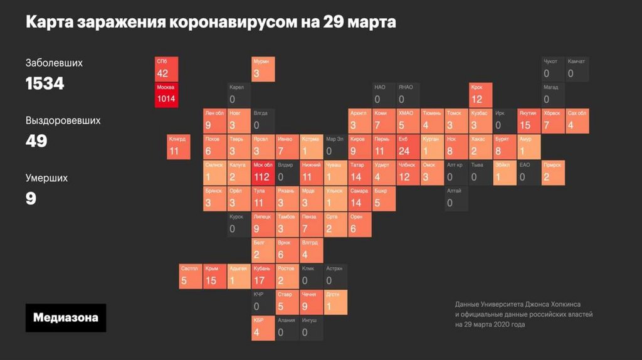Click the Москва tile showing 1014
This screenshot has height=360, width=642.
click(167, 95)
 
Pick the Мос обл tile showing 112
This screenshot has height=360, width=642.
click(263, 172)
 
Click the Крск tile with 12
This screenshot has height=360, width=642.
click(481, 95)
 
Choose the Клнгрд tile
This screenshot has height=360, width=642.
click(179, 147)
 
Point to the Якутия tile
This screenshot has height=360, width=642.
click(529, 121)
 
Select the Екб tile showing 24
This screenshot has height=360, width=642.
click(408, 147)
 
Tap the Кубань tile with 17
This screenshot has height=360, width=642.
click(263, 276)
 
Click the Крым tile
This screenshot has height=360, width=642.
click(215, 276)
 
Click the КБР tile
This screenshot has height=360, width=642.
click(263, 328)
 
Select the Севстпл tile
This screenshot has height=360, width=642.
click(191, 276)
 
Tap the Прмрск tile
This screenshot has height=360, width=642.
click(553, 172)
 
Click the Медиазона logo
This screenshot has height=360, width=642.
click(66, 317)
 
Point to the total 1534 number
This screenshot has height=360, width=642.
click(45, 83)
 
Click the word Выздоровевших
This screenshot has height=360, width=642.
click(63, 120)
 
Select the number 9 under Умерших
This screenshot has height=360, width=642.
click(31, 199)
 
